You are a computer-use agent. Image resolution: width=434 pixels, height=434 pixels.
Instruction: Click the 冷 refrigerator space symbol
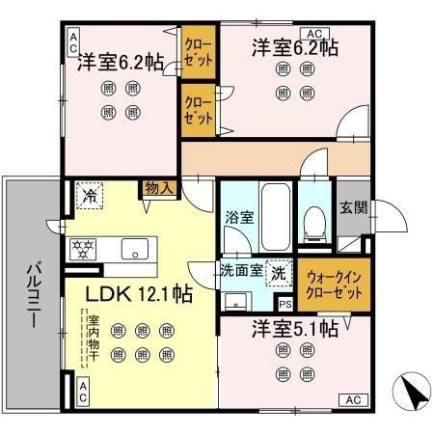click(90, 196)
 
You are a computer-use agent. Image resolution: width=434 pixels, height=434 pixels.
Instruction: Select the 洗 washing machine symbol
click(278, 272)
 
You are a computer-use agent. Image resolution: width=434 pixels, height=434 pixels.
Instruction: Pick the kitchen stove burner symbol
click(84, 249)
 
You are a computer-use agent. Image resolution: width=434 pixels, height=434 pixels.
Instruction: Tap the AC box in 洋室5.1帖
click(352, 399)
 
